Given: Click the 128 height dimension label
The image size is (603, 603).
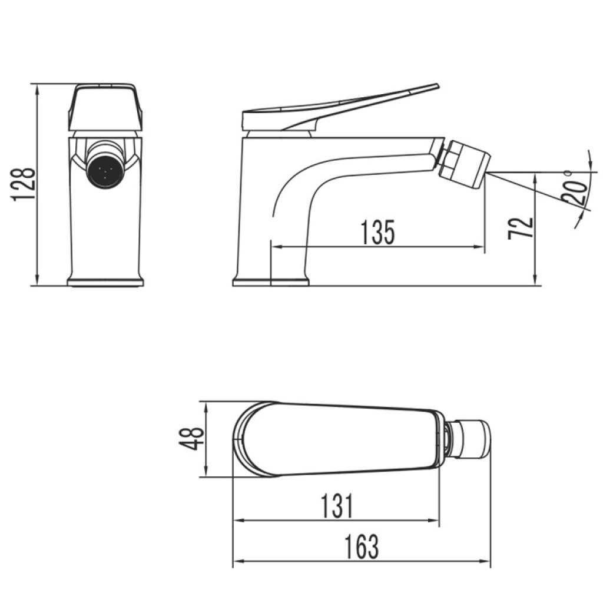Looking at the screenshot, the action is [x=24, y=184].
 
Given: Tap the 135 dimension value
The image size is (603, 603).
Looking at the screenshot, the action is [x=378, y=232].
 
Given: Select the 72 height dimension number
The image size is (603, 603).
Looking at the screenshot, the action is [x=521, y=228].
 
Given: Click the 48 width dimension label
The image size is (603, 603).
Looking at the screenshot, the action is [x=191, y=438].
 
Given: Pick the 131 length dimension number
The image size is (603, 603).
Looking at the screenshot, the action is [x=336, y=506].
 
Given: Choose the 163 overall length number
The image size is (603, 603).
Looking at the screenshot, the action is [x=361, y=546].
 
